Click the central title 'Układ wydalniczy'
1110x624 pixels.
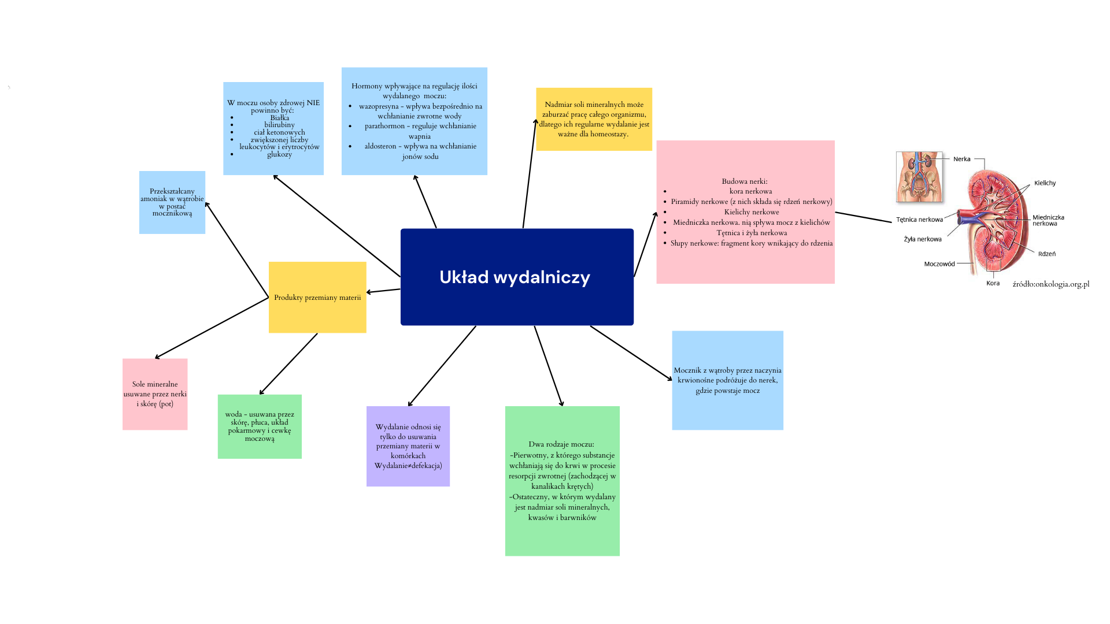pyautogui.click(x=515, y=277)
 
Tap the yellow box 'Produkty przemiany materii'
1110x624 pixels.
pyautogui.click(x=317, y=297)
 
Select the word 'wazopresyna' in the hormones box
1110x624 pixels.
pyautogui.click(x=379, y=106)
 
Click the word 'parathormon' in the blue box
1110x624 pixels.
pyautogui.click(x=384, y=126)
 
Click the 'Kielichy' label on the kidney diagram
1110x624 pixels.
pyautogui.click(x=1045, y=183)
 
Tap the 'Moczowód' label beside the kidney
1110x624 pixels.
pyautogui.click(x=939, y=264)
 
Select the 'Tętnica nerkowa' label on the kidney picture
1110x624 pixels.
pyautogui.click(x=919, y=220)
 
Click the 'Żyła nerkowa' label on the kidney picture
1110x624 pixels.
pyautogui.click(x=923, y=239)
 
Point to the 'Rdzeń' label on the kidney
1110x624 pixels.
pyautogui.click(x=1047, y=254)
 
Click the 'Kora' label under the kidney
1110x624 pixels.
pyautogui.click(x=993, y=283)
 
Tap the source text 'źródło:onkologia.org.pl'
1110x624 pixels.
pyautogui.click(x=1051, y=284)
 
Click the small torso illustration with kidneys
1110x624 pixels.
pyautogui.click(x=919, y=177)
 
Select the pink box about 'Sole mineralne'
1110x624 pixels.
pyautogui.click(x=155, y=394)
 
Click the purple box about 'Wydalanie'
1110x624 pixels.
pyautogui.click(x=408, y=446)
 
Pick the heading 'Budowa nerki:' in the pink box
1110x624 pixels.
pyautogui.click(x=745, y=181)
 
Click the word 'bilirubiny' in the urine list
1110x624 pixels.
pyautogui.click(x=279, y=125)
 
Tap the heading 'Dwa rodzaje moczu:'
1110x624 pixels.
pyautogui.click(x=561, y=444)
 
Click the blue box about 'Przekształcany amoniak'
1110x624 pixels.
pyautogui.click(x=172, y=202)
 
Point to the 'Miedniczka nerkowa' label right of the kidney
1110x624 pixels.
pyautogui.click(x=1048, y=221)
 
